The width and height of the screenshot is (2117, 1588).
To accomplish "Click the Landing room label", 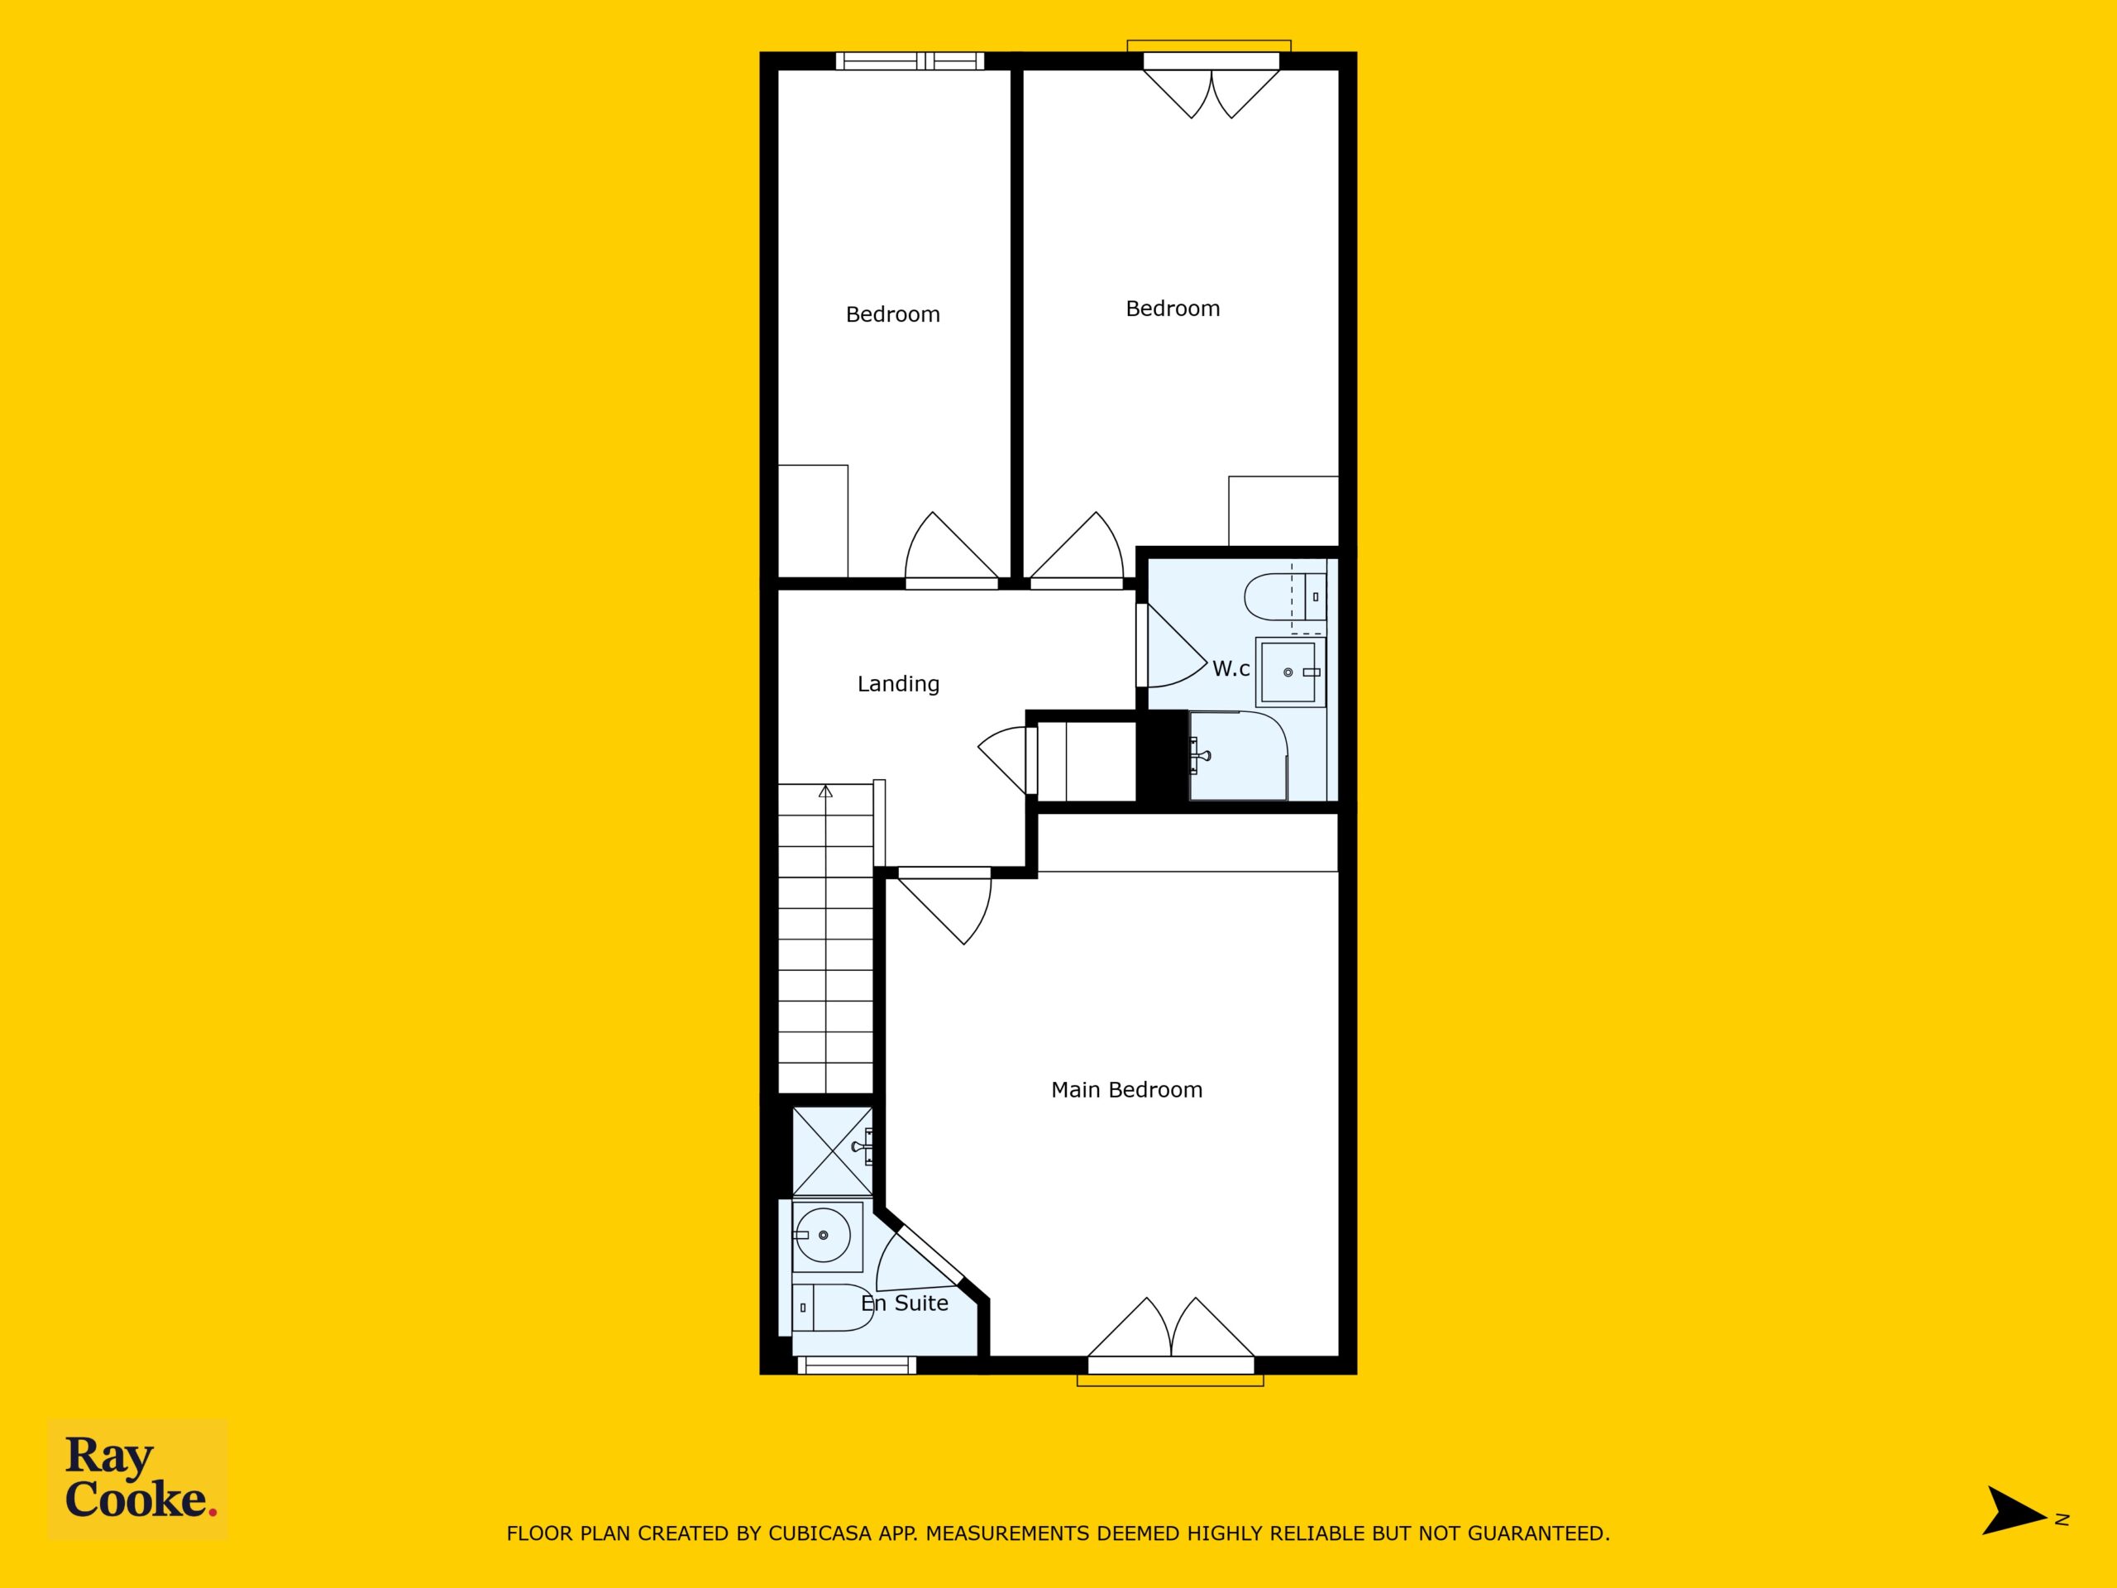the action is [898, 683].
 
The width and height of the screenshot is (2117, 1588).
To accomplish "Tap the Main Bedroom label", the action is [1126, 1089].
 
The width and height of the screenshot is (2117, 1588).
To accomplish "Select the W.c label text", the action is [1231, 669].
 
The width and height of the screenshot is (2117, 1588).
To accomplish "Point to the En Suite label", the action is [905, 1303].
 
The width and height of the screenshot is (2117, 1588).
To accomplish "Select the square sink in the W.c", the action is [1291, 672].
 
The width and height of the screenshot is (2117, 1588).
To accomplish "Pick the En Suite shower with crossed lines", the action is [833, 1151].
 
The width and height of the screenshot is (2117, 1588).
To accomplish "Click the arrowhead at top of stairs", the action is [825, 791].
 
